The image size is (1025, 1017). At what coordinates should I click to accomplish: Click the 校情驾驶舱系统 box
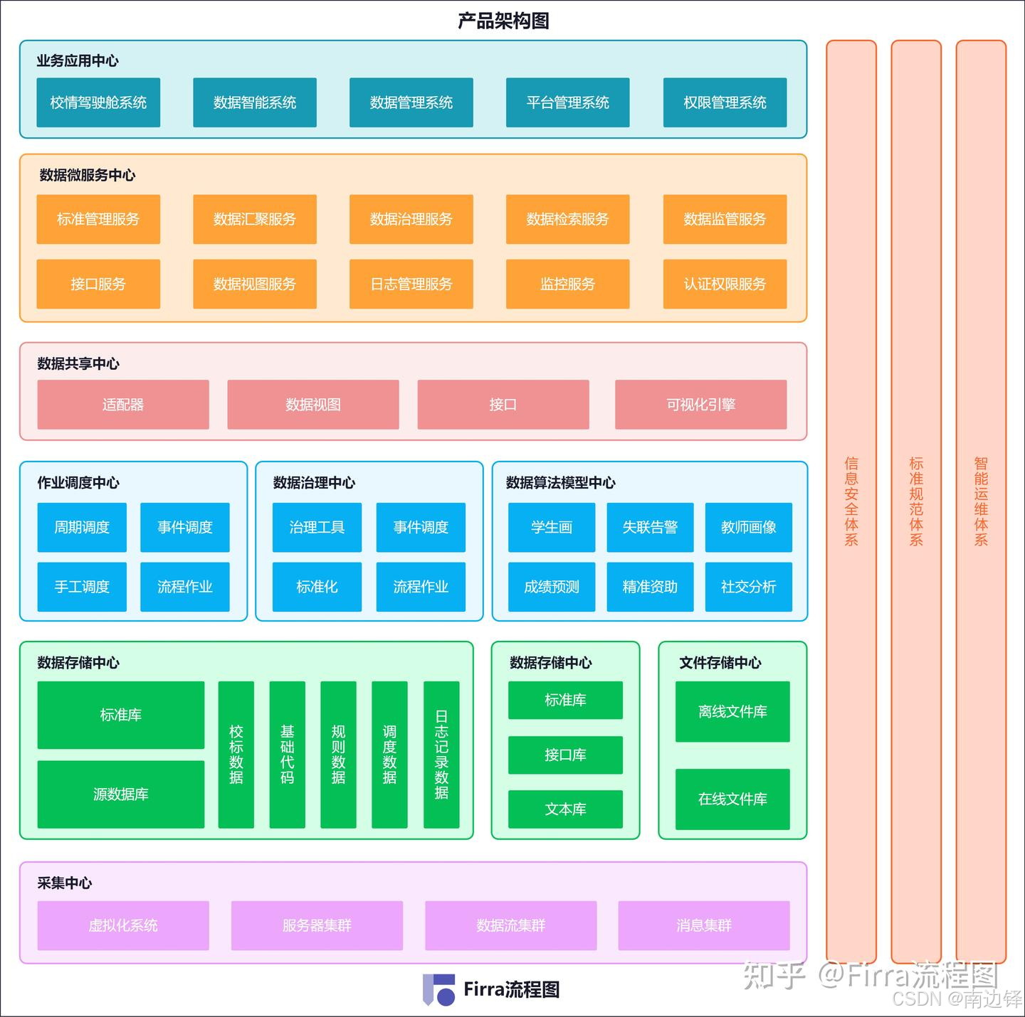tap(98, 102)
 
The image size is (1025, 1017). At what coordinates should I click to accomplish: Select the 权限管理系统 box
tap(725, 102)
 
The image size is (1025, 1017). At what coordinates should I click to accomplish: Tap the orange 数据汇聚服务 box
tap(255, 219)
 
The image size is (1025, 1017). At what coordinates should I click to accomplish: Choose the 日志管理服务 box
tap(411, 284)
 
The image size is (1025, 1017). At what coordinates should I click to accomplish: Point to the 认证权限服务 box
tap(725, 284)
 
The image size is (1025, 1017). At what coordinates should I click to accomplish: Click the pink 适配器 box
tap(123, 405)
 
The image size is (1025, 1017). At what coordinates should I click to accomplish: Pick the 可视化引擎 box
tap(701, 405)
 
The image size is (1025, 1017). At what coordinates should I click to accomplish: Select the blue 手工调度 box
tap(82, 587)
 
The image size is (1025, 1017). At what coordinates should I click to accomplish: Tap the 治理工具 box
tap(317, 527)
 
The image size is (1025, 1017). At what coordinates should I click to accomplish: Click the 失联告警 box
tap(650, 527)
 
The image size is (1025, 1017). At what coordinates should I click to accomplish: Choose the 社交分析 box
tap(748, 587)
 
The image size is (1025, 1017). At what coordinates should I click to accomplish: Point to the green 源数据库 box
tap(121, 794)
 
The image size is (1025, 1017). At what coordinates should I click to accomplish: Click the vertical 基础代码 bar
tap(287, 755)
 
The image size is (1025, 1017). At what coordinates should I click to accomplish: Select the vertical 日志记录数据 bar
tap(441, 755)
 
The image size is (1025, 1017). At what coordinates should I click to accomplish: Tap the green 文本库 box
tap(565, 809)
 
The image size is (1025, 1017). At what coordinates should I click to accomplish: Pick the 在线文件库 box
tap(732, 799)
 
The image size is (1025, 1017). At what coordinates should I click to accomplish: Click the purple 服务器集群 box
tap(317, 925)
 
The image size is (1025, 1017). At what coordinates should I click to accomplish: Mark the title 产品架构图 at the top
tap(503, 21)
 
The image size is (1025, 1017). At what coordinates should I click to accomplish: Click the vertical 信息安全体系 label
tap(851, 501)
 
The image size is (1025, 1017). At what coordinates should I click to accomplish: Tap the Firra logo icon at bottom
tap(438, 990)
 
